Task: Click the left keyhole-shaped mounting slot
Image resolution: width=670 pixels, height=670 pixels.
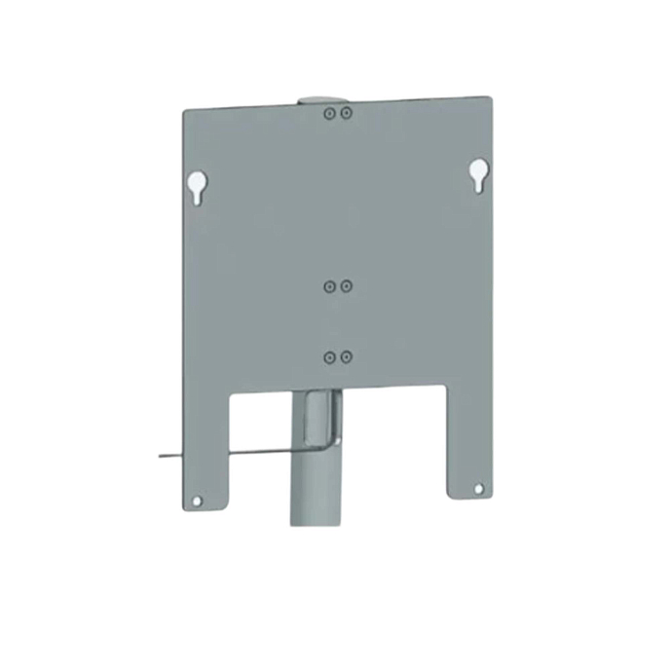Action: pos(196,185)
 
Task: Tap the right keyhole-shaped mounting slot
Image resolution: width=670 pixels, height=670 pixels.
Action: pos(478,174)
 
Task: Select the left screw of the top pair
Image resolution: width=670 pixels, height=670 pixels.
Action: pos(331,114)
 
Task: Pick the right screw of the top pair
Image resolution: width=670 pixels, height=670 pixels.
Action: pos(347,114)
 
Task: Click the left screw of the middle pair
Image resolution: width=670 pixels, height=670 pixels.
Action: pos(331,286)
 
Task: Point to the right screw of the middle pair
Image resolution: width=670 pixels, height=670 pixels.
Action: pos(347,286)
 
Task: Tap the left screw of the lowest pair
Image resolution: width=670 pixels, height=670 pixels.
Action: pos(331,357)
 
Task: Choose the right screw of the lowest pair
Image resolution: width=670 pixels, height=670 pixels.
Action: pos(347,357)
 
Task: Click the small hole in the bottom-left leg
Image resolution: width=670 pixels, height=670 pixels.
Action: pos(197,501)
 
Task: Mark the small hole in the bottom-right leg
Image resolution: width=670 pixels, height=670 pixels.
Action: pos(477,488)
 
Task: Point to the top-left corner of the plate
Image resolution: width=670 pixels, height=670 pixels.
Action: pos(186,111)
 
